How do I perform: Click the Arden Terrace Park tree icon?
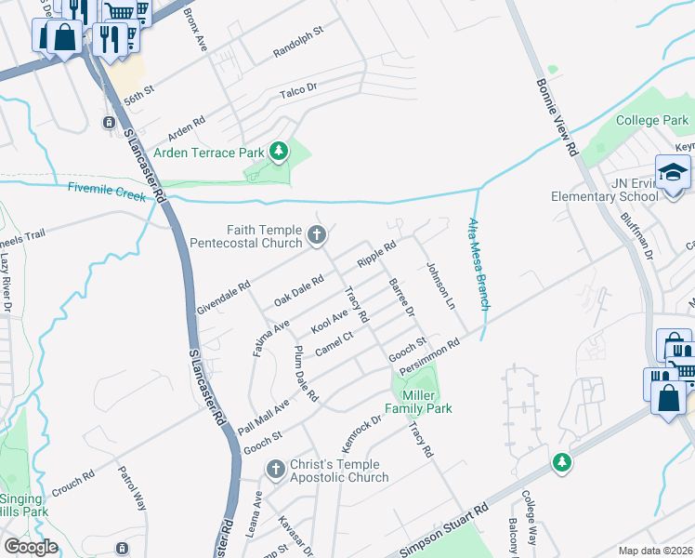pos(278,150)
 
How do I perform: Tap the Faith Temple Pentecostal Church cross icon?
pos(317,235)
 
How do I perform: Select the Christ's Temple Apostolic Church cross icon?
pos(275,470)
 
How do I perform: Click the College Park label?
pos(652,121)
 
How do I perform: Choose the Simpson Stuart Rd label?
pos(444,533)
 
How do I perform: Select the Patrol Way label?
pos(132,489)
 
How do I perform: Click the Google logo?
pos(31,547)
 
